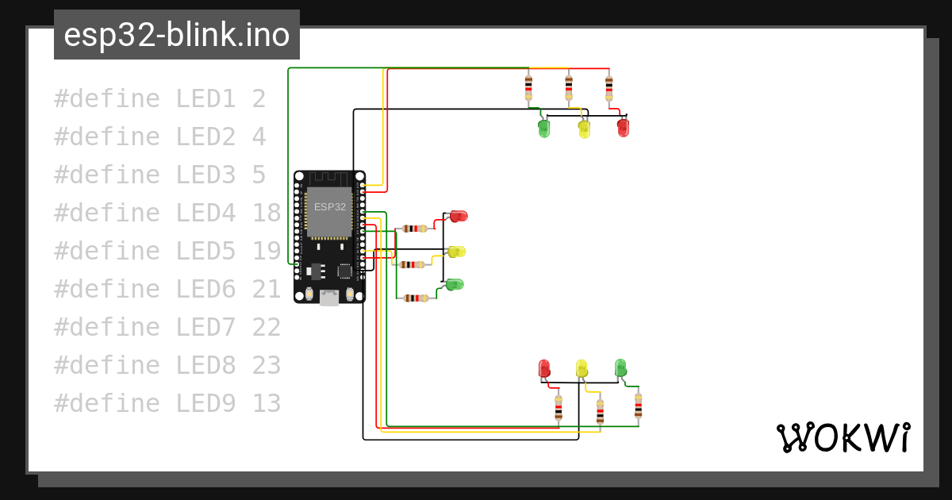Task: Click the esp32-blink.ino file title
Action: click(x=177, y=35)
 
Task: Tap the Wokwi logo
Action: click(x=843, y=437)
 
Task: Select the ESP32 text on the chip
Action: click(x=330, y=207)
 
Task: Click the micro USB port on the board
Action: click(x=329, y=297)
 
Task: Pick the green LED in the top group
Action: click(x=544, y=129)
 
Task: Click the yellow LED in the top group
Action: click(x=585, y=129)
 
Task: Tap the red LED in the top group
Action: click(x=623, y=128)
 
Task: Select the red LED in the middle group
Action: click(x=459, y=216)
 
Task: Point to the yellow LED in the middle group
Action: click(x=456, y=252)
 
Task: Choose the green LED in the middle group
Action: click(x=454, y=284)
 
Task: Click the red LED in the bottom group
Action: click(x=544, y=368)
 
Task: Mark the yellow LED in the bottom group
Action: click(x=582, y=368)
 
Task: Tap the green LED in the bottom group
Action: click(x=620, y=367)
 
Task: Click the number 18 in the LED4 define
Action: click(x=267, y=213)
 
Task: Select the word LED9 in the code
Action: click(x=205, y=403)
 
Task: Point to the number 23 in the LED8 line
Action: click(x=267, y=365)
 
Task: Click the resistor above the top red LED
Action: click(x=609, y=88)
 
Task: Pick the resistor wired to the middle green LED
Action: click(x=416, y=298)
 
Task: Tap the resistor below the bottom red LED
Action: click(x=559, y=407)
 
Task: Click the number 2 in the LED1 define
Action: click(x=259, y=98)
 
